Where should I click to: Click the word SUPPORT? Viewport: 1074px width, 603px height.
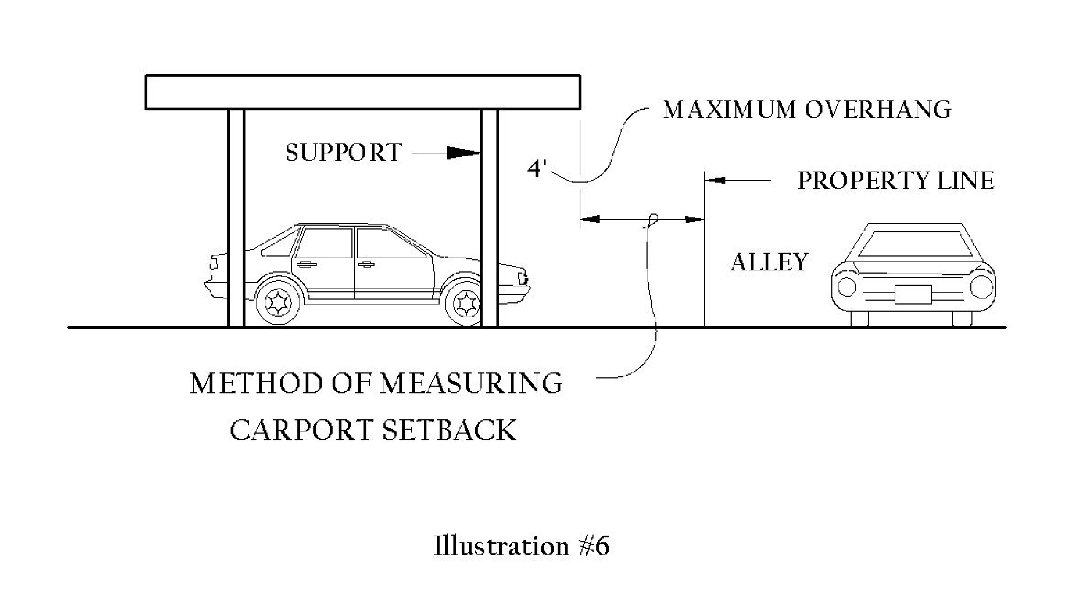point(344,153)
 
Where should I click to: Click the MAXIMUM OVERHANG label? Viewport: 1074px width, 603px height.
point(807,110)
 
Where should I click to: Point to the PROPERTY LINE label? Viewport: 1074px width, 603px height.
point(896,181)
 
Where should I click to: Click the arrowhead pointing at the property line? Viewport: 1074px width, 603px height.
point(715,180)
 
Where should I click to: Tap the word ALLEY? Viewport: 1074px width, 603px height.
point(770,262)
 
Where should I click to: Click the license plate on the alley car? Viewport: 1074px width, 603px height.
point(913,294)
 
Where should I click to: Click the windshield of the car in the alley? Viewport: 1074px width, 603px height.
point(913,244)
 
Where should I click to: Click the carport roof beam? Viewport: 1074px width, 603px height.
point(362,92)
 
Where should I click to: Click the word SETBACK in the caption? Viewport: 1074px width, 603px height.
point(449,431)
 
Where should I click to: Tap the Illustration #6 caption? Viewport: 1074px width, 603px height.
point(521,546)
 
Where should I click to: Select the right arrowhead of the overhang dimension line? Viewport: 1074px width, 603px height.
point(694,220)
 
